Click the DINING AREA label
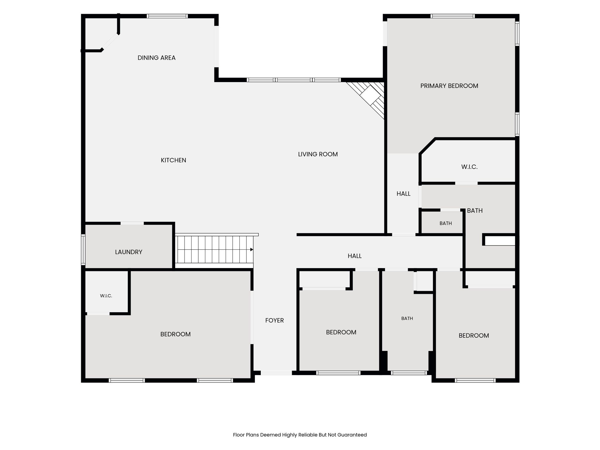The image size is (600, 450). [x=156, y=58]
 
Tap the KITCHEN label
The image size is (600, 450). [x=173, y=160]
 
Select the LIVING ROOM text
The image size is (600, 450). [x=318, y=154]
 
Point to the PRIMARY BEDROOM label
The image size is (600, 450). [x=449, y=86]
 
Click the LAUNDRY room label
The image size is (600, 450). [x=129, y=252]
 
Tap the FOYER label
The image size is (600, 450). [x=275, y=321]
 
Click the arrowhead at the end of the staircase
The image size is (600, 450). [x=252, y=250]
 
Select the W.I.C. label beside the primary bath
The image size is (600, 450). [x=469, y=167]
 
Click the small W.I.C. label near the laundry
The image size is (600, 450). [x=106, y=296]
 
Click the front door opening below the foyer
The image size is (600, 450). [x=276, y=373]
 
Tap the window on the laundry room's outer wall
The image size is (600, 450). [x=83, y=250]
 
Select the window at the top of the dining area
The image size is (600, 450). [x=167, y=16]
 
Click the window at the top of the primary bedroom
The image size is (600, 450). [x=453, y=16]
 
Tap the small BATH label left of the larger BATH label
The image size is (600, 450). [x=446, y=223]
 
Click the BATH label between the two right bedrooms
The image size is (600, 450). [x=407, y=318]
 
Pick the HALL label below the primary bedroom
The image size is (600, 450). [x=403, y=194]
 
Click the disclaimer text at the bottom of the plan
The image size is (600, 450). [x=300, y=435]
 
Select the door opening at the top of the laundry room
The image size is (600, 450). [x=132, y=223]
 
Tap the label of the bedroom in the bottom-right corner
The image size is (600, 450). [x=474, y=336]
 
